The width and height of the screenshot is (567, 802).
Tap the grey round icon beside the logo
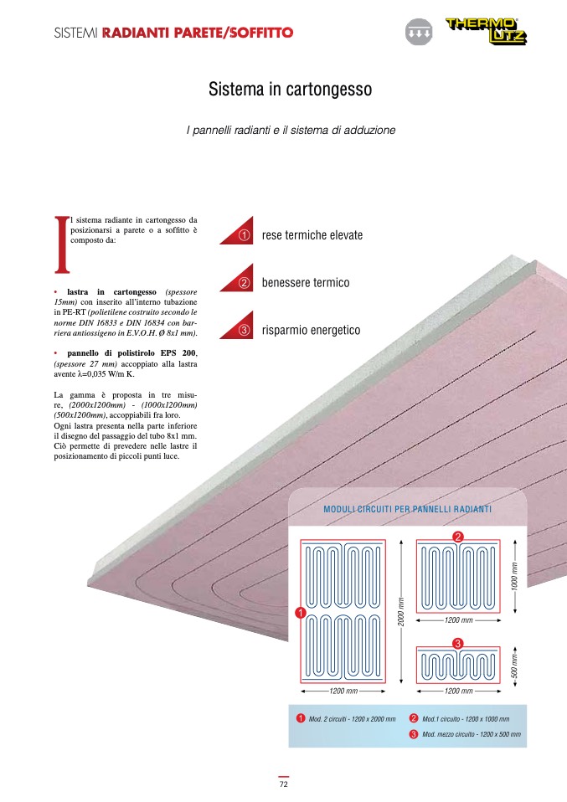[x=417, y=32]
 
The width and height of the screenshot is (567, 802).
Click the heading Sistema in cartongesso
[x=290, y=89]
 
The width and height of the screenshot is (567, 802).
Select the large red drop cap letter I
[x=61, y=244]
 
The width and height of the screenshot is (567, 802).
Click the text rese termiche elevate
[x=312, y=235]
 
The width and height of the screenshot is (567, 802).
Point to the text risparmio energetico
[x=311, y=331]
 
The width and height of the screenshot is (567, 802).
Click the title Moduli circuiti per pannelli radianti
[x=407, y=509]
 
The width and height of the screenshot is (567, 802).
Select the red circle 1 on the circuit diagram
[x=298, y=614]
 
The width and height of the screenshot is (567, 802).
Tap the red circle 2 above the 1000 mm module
[x=458, y=536]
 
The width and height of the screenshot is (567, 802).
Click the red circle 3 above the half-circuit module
[x=458, y=643]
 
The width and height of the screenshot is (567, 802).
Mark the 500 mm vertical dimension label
[x=514, y=666]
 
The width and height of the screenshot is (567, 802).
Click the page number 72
[x=283, y=784]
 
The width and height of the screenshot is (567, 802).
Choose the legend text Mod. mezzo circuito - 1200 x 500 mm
[x=471, y=734]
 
